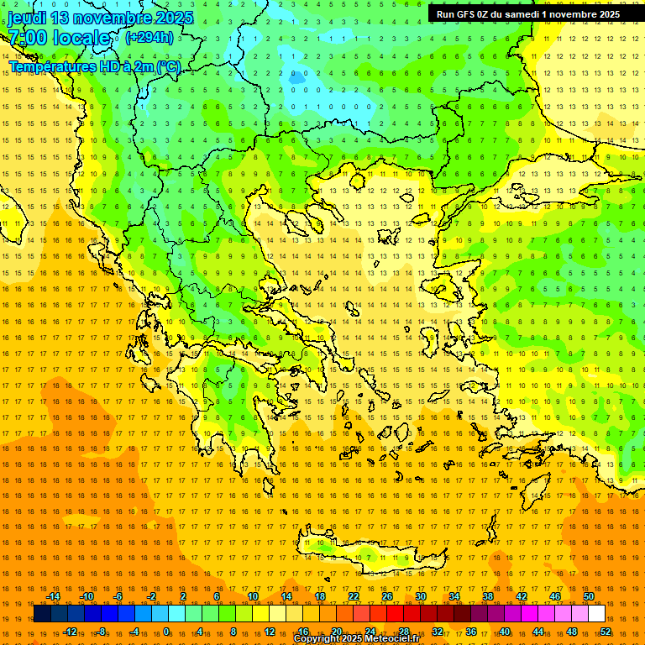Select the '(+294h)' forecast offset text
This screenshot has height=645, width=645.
coord(149,37)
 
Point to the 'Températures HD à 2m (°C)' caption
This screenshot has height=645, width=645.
coord(94,66)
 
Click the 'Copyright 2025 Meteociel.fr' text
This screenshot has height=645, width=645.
coord(356,639)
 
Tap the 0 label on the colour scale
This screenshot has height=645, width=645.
coord(166,631)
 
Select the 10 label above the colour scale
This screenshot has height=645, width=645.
coord(252,596)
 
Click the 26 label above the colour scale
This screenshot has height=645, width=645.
coord(387,596)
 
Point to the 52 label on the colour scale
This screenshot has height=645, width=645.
coord(606,631)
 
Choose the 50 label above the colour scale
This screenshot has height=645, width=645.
coord(589,596)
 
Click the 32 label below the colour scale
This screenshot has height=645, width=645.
coord(438,631)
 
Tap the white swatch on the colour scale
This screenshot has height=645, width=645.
coord(597,614)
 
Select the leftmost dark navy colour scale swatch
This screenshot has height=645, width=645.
coord(42,614)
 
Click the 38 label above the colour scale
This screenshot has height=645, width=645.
coord(488,596)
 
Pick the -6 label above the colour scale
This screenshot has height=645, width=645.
coord(118,596)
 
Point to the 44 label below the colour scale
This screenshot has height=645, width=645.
coord(538,631)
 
